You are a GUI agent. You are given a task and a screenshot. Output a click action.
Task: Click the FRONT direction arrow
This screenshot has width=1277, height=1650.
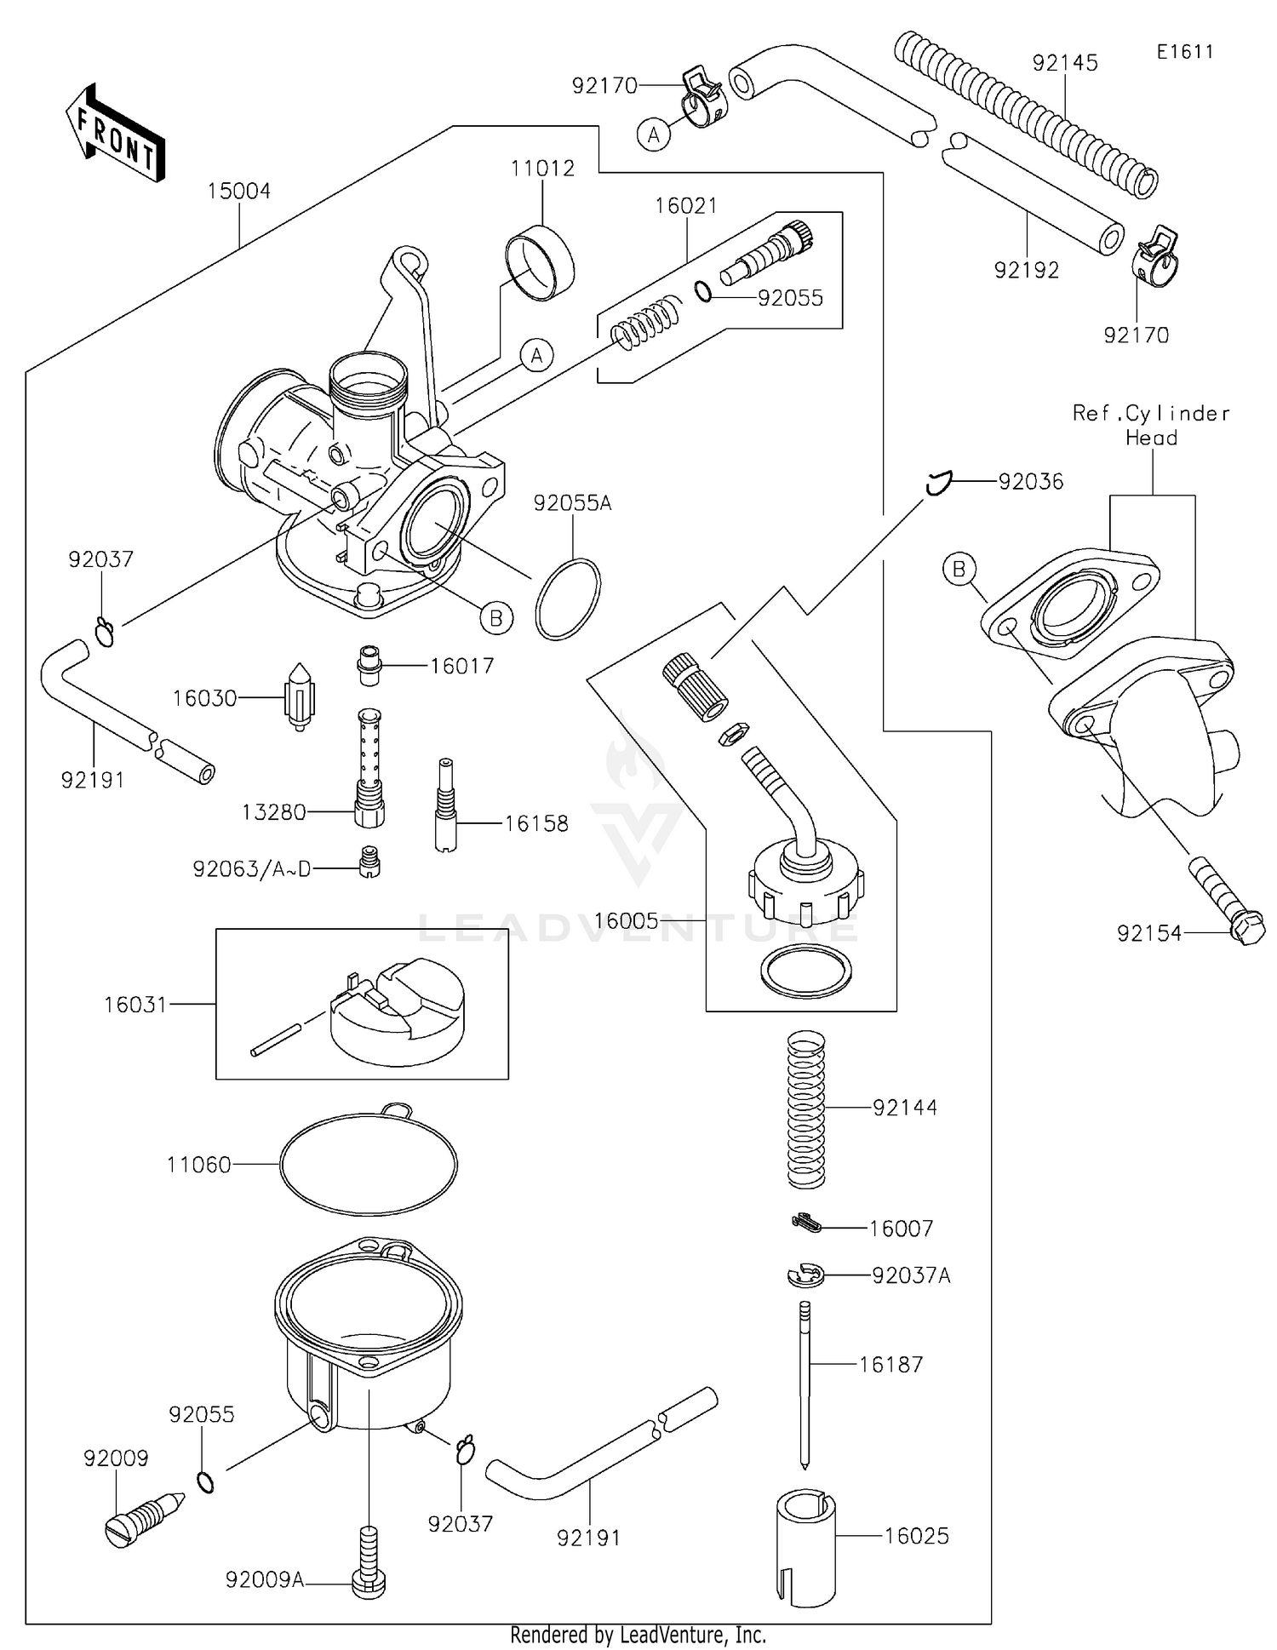[116, 134]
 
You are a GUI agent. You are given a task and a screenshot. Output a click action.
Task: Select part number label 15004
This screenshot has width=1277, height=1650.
[239, 192]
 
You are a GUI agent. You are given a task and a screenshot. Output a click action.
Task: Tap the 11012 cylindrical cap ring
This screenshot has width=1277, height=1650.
[540, 261]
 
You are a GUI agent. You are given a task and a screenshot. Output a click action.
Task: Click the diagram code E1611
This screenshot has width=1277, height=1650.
[1184, 52]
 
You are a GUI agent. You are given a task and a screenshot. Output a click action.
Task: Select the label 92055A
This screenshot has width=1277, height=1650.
[572, 503]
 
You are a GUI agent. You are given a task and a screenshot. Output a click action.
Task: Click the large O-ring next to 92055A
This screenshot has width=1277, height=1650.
[568, 599]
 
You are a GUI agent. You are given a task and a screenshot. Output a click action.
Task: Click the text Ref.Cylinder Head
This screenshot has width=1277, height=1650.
[1151, 426]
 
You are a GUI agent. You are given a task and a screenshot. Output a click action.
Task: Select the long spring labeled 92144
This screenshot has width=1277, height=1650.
[806, 1109]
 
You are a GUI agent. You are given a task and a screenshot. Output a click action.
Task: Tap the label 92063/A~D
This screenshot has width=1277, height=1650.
[252, 869]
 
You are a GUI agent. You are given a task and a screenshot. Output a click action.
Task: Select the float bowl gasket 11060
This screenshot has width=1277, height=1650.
[369, 1164]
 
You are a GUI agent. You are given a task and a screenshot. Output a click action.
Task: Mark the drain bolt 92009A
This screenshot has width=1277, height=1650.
[369, 1563]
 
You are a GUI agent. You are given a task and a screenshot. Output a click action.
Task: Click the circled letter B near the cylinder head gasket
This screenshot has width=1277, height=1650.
[959, 569]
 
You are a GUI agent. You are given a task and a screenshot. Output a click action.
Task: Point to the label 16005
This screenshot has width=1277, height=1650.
[627, 920]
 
